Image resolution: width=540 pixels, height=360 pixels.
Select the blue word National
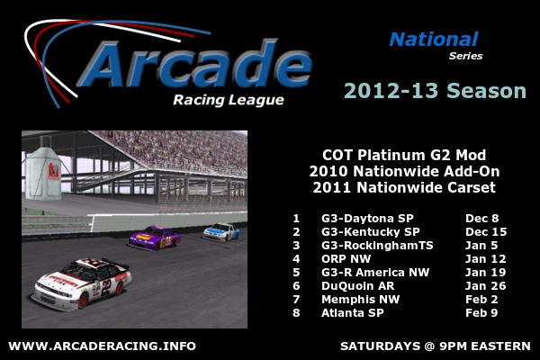click(x=434, y=40)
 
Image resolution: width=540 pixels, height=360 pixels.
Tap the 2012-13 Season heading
click(x=435, y=91)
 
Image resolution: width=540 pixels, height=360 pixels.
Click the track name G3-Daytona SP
click(x=367, y=219)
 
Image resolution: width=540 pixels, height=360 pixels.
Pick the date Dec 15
click(x=486, y=232)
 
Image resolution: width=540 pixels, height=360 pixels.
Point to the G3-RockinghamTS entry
click(x=377, y=246)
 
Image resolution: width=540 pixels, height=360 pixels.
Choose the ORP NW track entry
click(x=346, y=258)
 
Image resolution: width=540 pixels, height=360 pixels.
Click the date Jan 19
click(x=485, y=272)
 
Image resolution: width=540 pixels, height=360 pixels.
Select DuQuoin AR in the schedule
click(x=358, y=286)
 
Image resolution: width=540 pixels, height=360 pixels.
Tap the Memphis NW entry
click(x=361, y=300)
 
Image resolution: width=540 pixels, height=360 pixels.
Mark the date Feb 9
click(x=481, y=313)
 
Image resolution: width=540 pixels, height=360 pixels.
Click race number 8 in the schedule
click(x=296, y=313)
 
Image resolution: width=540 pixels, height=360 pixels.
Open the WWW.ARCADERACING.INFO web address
click(x=103, y=346)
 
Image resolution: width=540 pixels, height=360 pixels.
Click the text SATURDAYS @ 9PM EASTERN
click(x=436, y=346)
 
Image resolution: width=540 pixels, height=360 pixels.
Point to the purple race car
click(x=155, y=238)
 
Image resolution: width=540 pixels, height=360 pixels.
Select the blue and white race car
click(x=221, y=232)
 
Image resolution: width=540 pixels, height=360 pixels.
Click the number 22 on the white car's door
click(x=106, y=288)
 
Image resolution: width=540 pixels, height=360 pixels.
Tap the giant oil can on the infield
click(x=44, y=169)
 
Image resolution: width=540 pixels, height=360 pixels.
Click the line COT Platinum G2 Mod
click(x=404, y=156)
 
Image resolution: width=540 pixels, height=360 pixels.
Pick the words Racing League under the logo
click(x=229, y=100)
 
